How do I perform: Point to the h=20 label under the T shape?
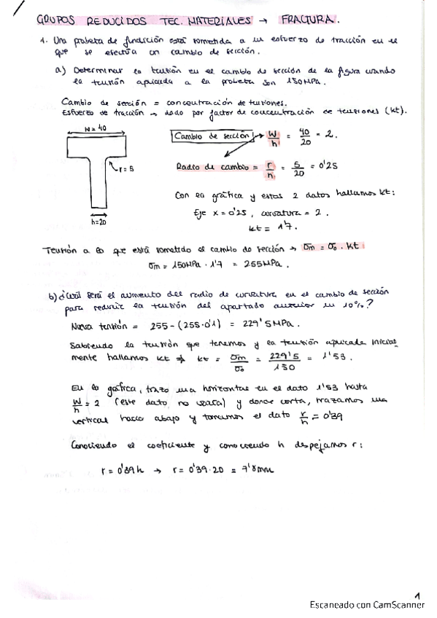click(99, 222)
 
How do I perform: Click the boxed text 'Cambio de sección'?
click(213, 136)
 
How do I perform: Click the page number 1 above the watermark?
click(417, 595)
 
